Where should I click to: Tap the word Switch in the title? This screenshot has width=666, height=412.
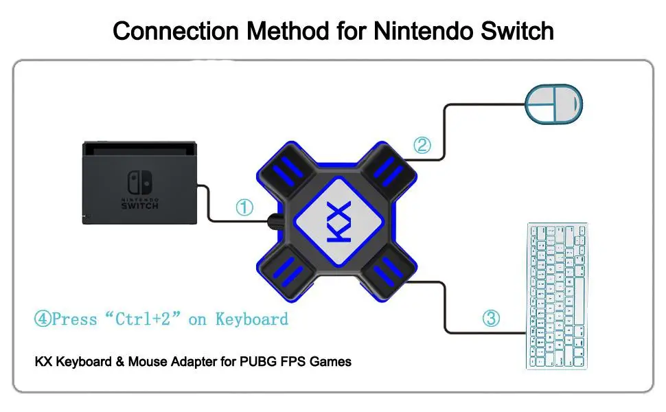[517, 31]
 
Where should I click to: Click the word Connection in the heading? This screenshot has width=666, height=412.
[176, 32]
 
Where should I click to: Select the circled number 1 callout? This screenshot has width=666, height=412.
[244, 207]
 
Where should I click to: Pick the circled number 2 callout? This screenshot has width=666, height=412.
[422, 146]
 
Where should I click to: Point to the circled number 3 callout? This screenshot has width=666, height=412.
[491, 318]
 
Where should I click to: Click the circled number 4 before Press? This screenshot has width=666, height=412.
[43, 319]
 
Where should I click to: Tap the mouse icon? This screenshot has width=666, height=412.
[554, 104]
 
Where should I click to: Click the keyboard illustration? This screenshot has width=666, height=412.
[558, 296]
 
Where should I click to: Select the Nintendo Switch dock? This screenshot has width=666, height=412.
[140, 183]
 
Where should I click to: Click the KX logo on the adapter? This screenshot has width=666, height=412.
[339, 222]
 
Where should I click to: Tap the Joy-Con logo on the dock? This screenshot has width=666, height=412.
[140, 182]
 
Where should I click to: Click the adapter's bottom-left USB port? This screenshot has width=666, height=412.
[288, 273]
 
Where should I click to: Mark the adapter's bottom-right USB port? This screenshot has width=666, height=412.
[388, 273]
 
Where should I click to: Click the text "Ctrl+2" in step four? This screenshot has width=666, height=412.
[143, 319]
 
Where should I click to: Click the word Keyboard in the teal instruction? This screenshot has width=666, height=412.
[252, 319]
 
